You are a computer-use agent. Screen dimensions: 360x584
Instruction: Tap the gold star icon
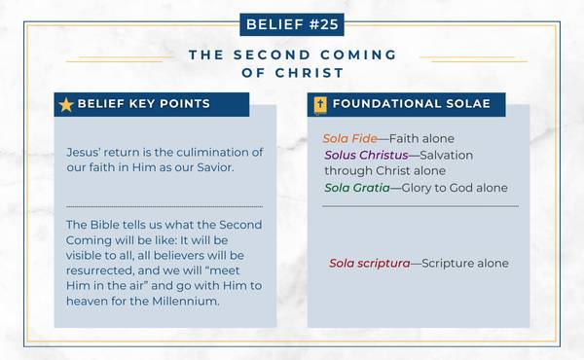coord(66,104)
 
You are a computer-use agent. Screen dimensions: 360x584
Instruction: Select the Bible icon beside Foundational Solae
coord(319,104)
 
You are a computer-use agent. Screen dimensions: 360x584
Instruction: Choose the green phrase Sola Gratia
coord(355,187)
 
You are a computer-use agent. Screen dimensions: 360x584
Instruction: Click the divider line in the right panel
coord(420,206)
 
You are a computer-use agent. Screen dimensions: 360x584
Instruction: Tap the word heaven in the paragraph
coord(89,302)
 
